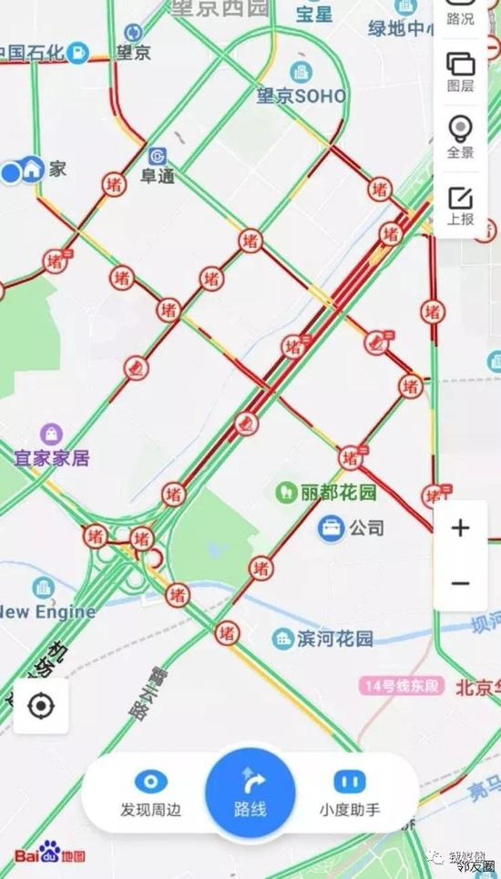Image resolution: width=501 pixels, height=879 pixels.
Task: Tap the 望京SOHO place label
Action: tap(301, 95)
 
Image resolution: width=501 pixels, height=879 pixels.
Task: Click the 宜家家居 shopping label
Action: tap(52, 457)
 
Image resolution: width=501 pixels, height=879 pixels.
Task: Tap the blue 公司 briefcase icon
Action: tap(331, 527)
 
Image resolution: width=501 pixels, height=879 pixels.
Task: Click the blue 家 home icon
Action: tap(34, 169)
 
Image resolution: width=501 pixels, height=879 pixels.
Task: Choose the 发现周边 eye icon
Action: tap(151, 782)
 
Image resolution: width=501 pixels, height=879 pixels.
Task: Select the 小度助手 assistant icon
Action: tap(349, 782)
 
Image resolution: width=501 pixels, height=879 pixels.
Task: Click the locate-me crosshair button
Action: tap(40, 706)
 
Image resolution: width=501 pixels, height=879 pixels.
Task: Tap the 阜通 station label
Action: tap(157, 176)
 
